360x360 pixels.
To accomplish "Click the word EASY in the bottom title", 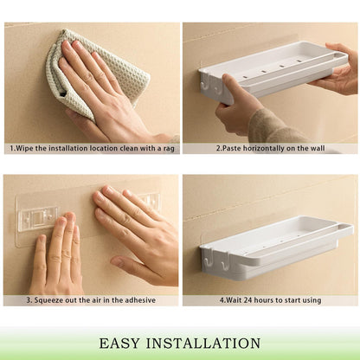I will tap(119, 343).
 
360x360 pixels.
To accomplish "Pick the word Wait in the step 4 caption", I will tap(233, 299).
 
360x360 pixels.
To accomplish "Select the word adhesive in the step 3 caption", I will tap(139, 299).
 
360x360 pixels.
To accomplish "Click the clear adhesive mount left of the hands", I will tap(36, 218).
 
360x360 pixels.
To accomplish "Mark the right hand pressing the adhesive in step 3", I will tap(130, 229).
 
